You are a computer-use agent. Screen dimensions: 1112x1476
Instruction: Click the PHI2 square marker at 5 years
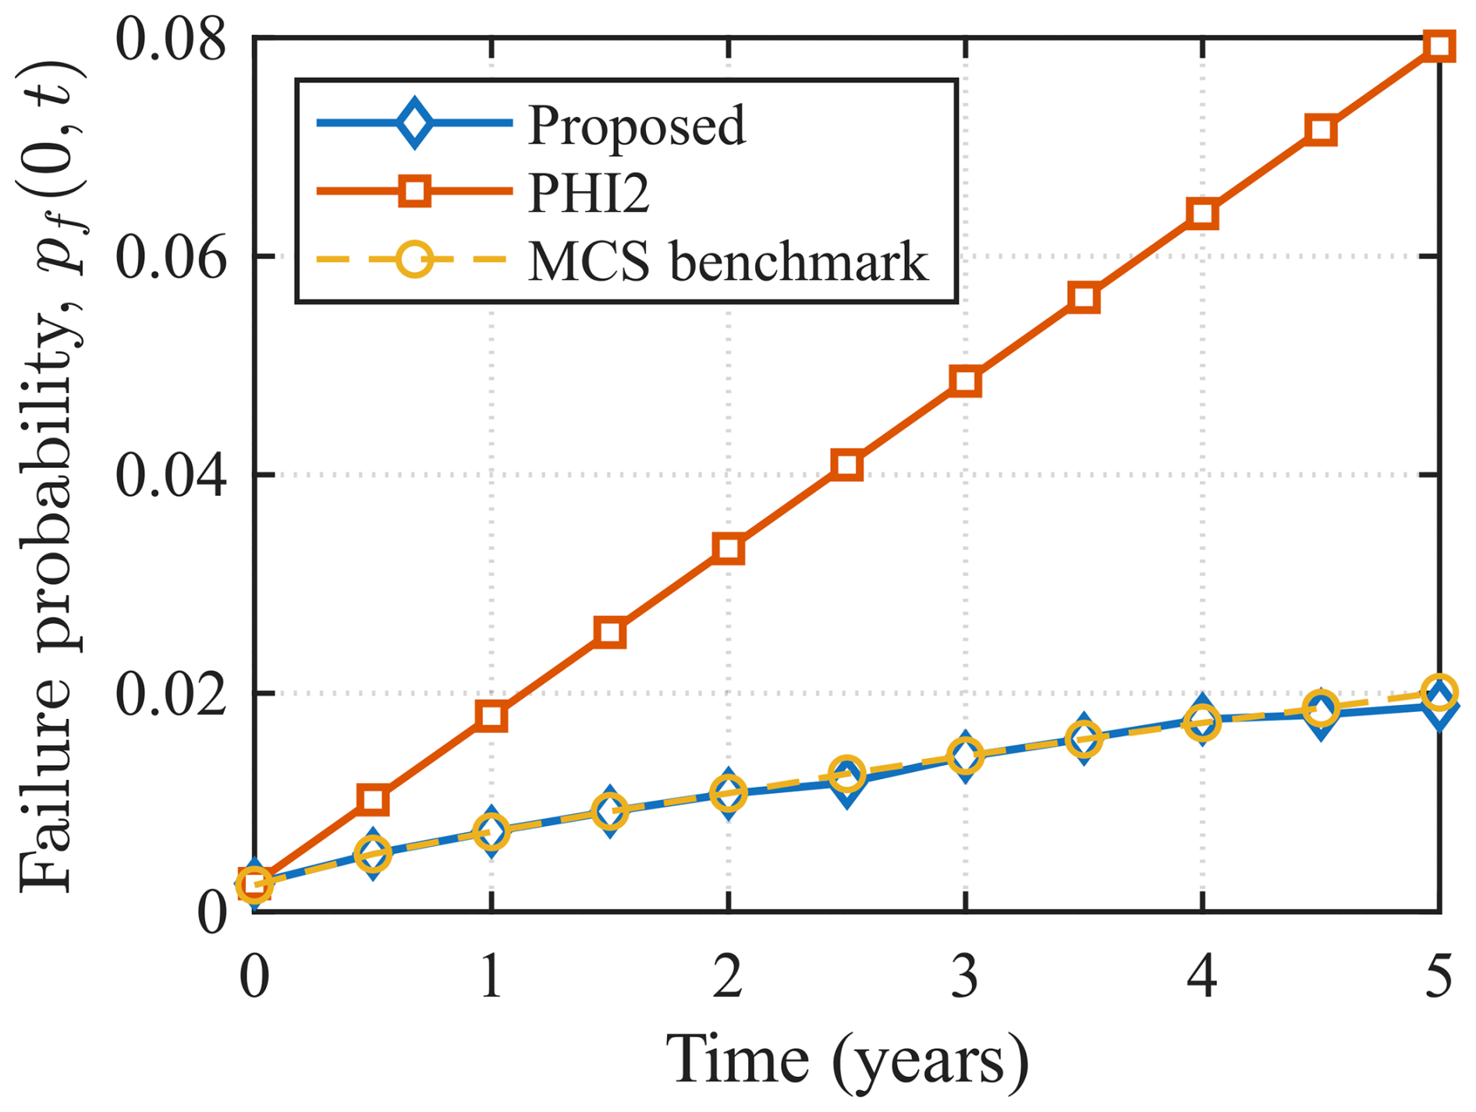[x=1439, y=45]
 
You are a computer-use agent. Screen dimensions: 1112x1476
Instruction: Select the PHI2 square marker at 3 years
[x=965, y=381]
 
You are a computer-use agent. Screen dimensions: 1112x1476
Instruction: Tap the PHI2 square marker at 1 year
[x=491, y=716]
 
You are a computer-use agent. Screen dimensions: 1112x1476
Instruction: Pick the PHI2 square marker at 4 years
[x=1202, y=214]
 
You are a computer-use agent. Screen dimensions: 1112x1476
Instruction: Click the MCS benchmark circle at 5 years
[x=1439, y=692]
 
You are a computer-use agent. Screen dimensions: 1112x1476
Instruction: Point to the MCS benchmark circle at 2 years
[x=729, y=794]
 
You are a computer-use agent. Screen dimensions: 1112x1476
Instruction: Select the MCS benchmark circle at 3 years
[x=965, y=756]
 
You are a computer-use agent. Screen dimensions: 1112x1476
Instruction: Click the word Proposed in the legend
[x=637, y=125]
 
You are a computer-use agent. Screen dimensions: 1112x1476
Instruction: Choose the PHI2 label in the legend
[x=589, y=192]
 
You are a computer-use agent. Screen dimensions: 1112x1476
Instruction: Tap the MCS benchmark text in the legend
[x=728, y=260]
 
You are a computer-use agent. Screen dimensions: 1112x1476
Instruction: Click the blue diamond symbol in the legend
[x=414, y=122]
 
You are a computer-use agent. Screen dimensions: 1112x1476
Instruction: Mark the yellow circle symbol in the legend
[x=414, y=259]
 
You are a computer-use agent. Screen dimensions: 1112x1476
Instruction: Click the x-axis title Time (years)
[x=846, y=1061]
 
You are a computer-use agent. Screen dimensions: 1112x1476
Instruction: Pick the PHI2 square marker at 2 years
[x=729, y=549]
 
